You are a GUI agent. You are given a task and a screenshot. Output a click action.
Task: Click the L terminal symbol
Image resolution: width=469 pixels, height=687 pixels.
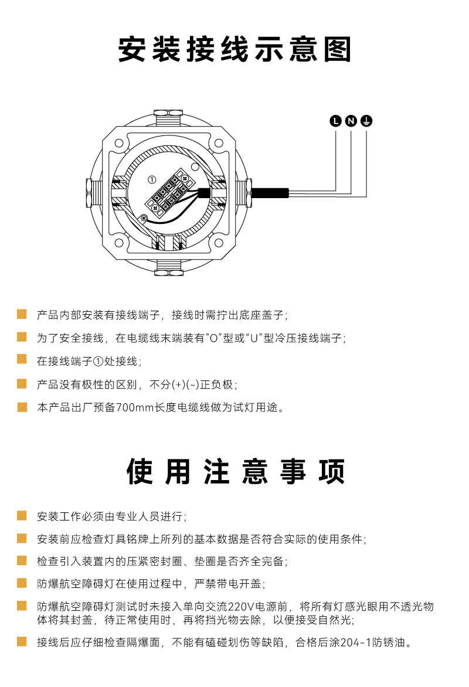[x=335, y=121]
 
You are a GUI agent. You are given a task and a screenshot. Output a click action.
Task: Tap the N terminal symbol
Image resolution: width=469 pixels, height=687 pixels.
[x=351, y=121]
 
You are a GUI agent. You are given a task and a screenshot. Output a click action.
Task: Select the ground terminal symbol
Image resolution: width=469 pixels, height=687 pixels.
[x=366, y=121]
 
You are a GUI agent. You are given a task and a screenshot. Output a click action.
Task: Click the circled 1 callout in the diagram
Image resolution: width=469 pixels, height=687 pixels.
[x=152, y=179]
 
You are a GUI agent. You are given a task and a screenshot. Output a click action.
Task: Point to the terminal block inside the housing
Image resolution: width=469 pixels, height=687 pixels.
[x=169, y=192]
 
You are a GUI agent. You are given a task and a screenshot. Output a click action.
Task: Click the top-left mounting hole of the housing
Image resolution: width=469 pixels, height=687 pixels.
[x=119, y=143]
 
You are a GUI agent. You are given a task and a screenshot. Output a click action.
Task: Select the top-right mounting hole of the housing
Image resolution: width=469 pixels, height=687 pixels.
[x=219, y=143]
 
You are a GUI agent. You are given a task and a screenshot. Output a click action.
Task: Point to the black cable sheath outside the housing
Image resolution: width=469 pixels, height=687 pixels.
[x=270, y=193]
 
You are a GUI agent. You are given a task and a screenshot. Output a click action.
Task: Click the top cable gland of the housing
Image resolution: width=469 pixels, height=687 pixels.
[x=169, y=118]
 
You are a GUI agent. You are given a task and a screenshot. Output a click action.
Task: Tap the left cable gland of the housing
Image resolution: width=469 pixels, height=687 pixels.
[x=93, y=193]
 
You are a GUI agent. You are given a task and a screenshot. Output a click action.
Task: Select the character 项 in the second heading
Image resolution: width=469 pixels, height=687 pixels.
[x=332, y=471]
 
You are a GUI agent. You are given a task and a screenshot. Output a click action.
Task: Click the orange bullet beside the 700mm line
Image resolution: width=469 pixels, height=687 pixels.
[x=22, y=407]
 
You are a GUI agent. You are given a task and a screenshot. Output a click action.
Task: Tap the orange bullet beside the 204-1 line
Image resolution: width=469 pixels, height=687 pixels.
[x=22, y=641]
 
